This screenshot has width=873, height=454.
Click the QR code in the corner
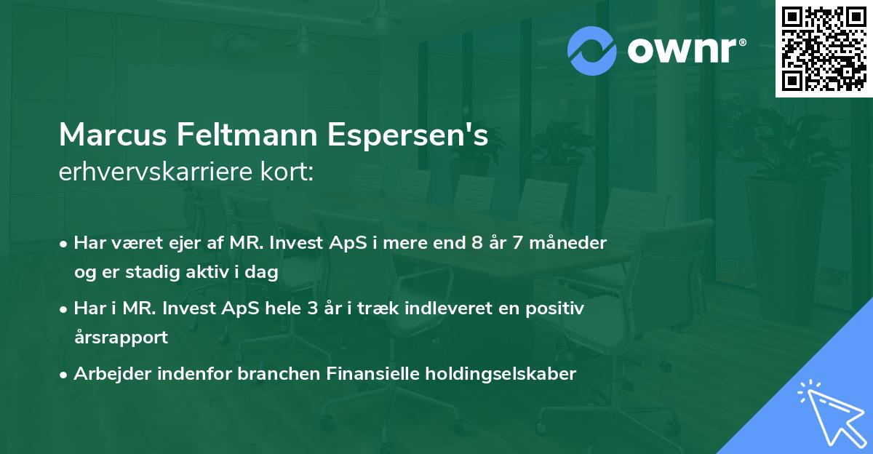pos(824,49)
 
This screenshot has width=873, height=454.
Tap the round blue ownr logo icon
pos(592,51)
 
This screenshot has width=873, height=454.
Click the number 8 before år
pos(477,243)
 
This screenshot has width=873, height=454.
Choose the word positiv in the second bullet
pos(556,308)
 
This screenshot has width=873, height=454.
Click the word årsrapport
pos(121,338)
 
